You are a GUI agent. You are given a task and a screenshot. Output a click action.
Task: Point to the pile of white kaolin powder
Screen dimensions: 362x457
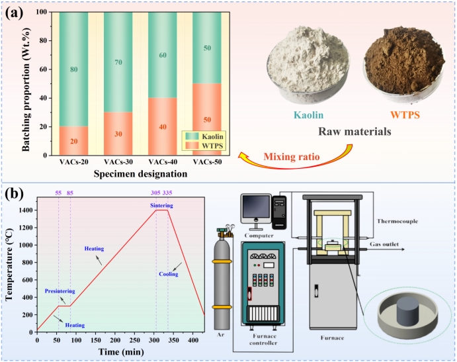pos(306,63)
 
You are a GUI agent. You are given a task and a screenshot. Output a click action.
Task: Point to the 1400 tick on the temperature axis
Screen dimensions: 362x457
pos(25,210)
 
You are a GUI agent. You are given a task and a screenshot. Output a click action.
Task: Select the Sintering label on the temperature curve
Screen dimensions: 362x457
pos(162,206)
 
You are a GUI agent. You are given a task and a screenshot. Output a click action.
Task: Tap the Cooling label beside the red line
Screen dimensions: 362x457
pos(169,273)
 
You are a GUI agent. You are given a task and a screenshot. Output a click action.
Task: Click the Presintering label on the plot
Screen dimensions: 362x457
pos(60,291)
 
